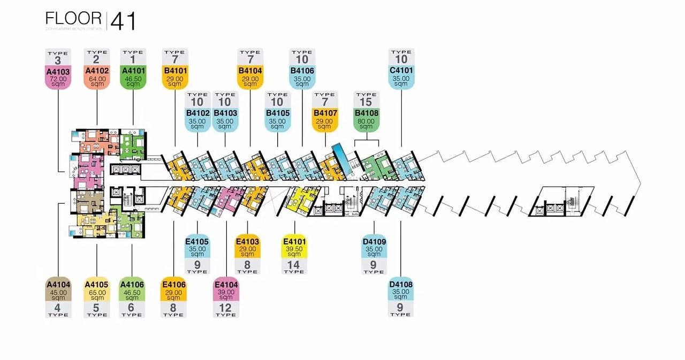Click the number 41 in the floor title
pos(123,21)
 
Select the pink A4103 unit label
pos(58,77)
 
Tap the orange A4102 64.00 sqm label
pos(97,77)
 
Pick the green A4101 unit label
pos(133,77)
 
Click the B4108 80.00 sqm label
pos(366,120)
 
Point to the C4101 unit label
pos(401,77)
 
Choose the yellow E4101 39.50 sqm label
pos(294,248)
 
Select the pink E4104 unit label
pos(226,290)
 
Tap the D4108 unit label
pos(401,290)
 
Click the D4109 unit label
pos(374,248)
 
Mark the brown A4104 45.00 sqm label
pos(58,290)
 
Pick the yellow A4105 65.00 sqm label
pos(97,290)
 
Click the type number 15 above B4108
pos(366,102)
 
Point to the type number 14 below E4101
pos(294,264)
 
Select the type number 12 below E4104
pos(226,308)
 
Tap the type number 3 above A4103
pos(58,59)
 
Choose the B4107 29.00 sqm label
pos(325,120)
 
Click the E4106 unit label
pos(173,290)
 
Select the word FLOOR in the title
pos(73,19)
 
